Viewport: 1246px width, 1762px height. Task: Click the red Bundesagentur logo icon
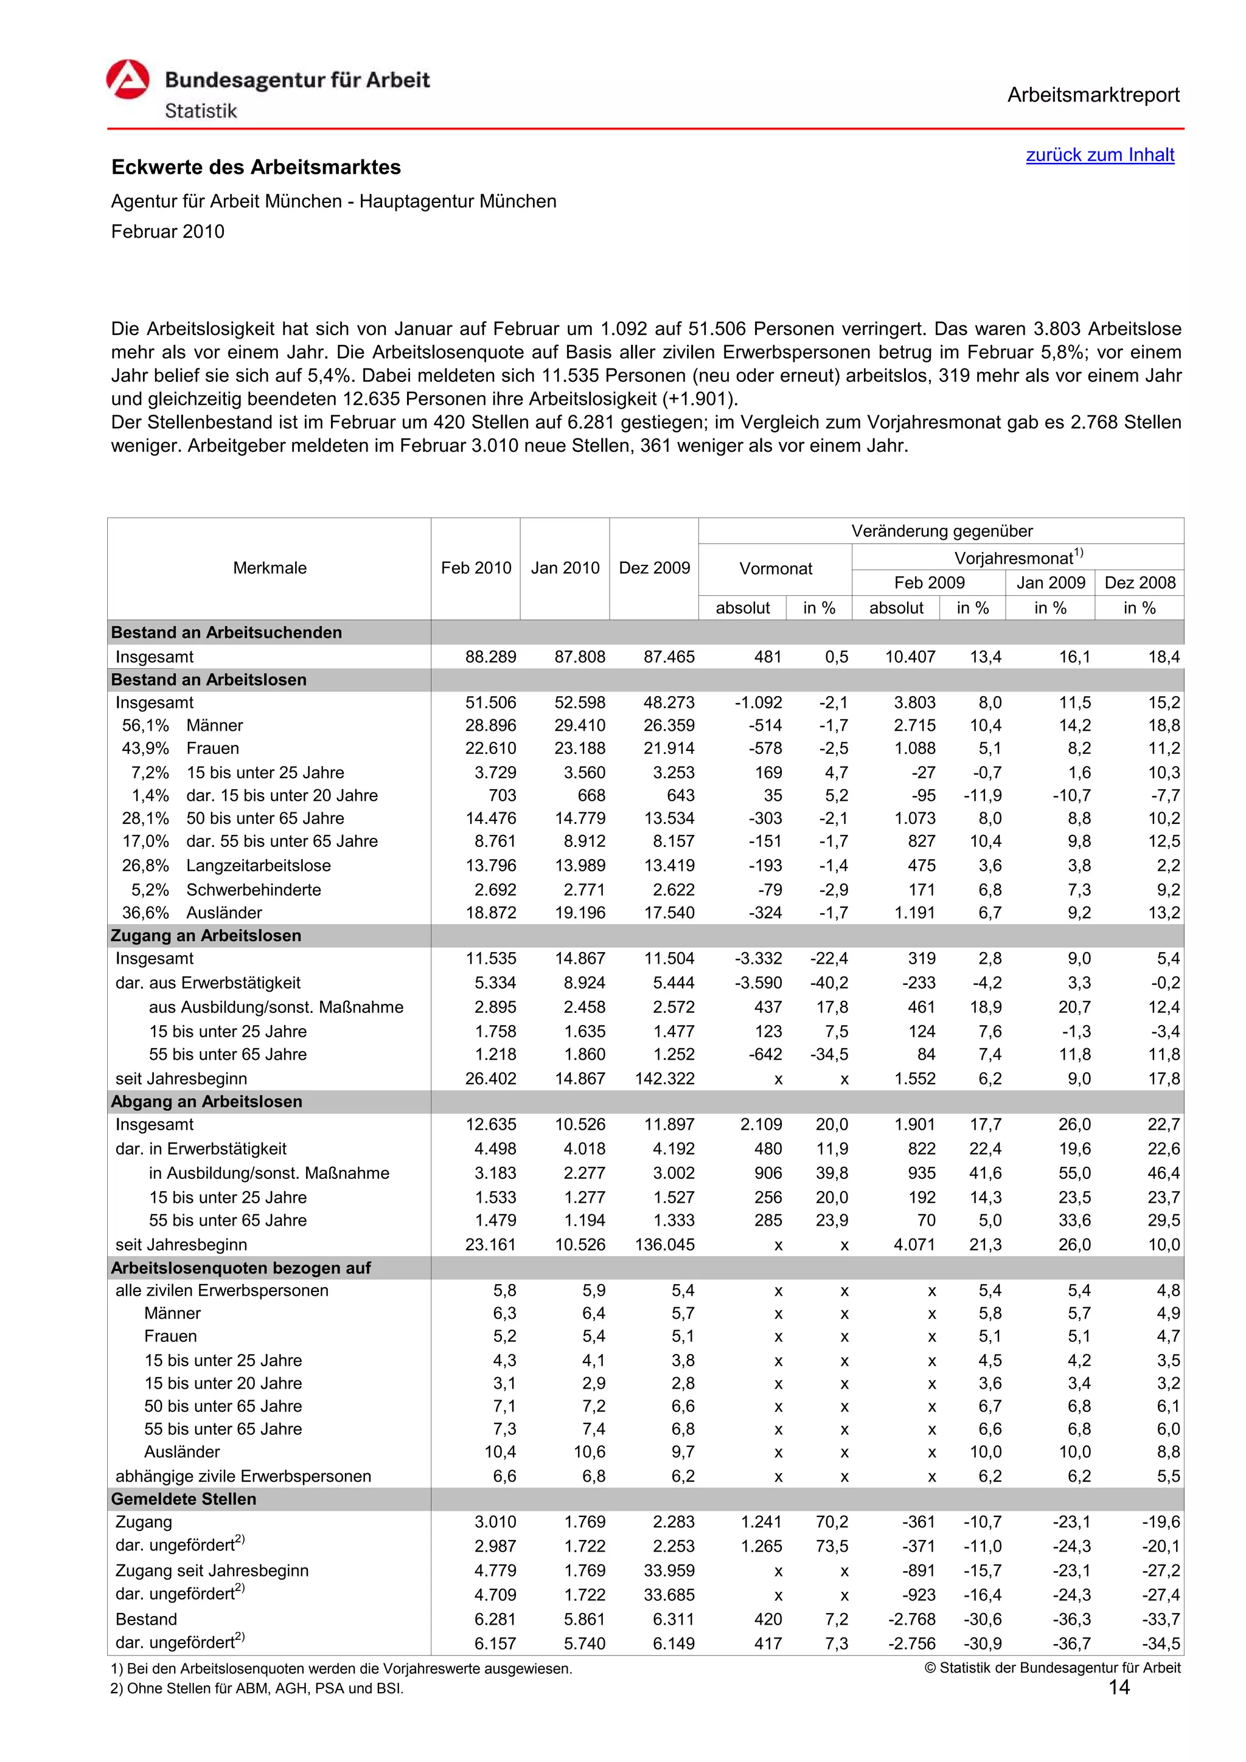(127, 80)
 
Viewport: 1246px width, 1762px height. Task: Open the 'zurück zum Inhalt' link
(1099, 155)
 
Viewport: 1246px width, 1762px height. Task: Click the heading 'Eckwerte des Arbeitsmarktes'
(256, 167)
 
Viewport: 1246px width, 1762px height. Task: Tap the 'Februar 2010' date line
(167, 232)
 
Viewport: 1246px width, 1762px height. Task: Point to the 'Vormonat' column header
(774, 568)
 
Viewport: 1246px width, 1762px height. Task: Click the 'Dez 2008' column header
(1140, 582)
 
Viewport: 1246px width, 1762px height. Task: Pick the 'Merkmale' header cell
(270, 568)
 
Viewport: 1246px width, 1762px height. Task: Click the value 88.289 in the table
(490, 657)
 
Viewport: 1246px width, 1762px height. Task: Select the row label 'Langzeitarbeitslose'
(258, 866)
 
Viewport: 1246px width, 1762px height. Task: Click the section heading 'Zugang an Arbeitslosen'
(206, 936)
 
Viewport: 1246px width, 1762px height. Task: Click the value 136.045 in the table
(664, 1244)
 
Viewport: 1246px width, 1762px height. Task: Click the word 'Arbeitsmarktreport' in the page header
(1093, 95)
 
